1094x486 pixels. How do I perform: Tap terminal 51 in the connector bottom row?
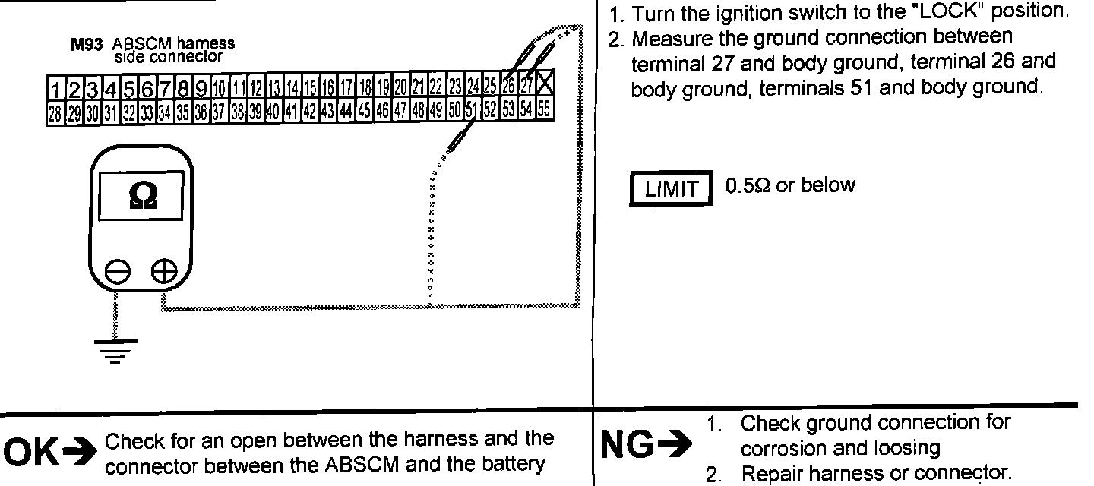coord(471,111)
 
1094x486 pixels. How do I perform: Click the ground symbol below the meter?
coord(116,350)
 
